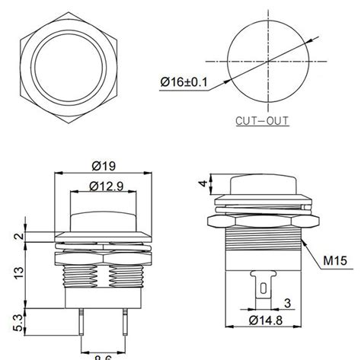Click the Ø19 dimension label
pos(102,165)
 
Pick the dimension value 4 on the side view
pos(200,182)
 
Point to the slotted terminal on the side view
pos(262,288)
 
